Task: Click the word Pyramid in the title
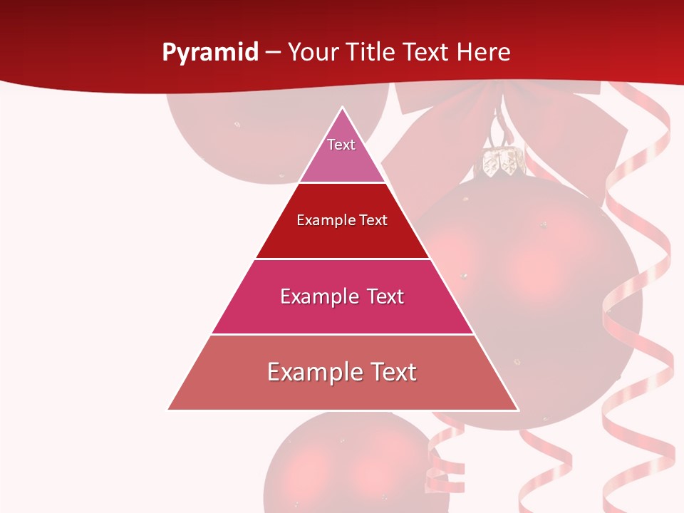click(209, 53)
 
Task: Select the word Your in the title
click(316, 53)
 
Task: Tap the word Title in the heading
click(373, 53)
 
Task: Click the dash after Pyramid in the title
click(272, 53)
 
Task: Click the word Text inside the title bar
click(427, 53)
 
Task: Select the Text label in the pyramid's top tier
click(341, 145)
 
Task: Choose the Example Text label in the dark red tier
click(342, 220)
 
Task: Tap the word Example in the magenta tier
click(316, 296)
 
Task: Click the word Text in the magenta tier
click(385, 296)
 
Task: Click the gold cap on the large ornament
click(500, 162)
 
